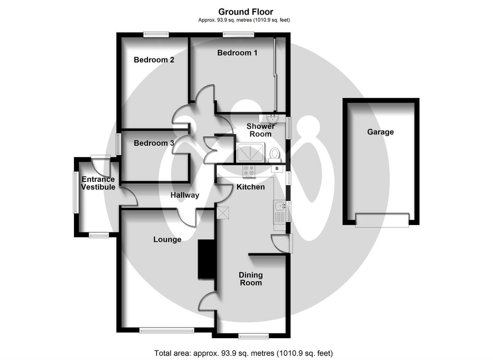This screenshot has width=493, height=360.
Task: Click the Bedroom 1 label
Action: [237, 53]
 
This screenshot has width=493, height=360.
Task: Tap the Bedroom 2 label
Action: [154, 60]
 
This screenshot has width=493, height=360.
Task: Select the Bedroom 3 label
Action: [154, 143]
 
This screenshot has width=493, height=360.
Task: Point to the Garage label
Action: [380, 132]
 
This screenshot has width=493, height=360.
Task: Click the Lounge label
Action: [167, 239]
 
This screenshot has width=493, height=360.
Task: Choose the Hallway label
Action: [185, 195]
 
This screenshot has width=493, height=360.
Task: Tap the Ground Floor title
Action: [246, 11]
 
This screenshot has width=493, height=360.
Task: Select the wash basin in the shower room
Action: [272, 118]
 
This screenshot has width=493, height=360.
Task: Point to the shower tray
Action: [251, 152]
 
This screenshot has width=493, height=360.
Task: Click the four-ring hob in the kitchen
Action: [249, 171]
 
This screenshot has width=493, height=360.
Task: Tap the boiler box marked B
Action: [277, 169]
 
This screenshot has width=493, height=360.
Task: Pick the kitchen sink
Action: [280, 211]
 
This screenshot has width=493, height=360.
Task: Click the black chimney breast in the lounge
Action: [206, 259]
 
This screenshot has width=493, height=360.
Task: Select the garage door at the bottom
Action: [382, 220]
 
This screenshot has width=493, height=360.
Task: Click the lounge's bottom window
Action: [167, 330]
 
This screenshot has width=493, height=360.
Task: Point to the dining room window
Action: [254, 336]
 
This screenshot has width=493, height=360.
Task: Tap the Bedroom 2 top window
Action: [156, 34]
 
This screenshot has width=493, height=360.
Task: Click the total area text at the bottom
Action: [243, 353]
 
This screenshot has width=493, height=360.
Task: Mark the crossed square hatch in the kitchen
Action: [223, 213]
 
